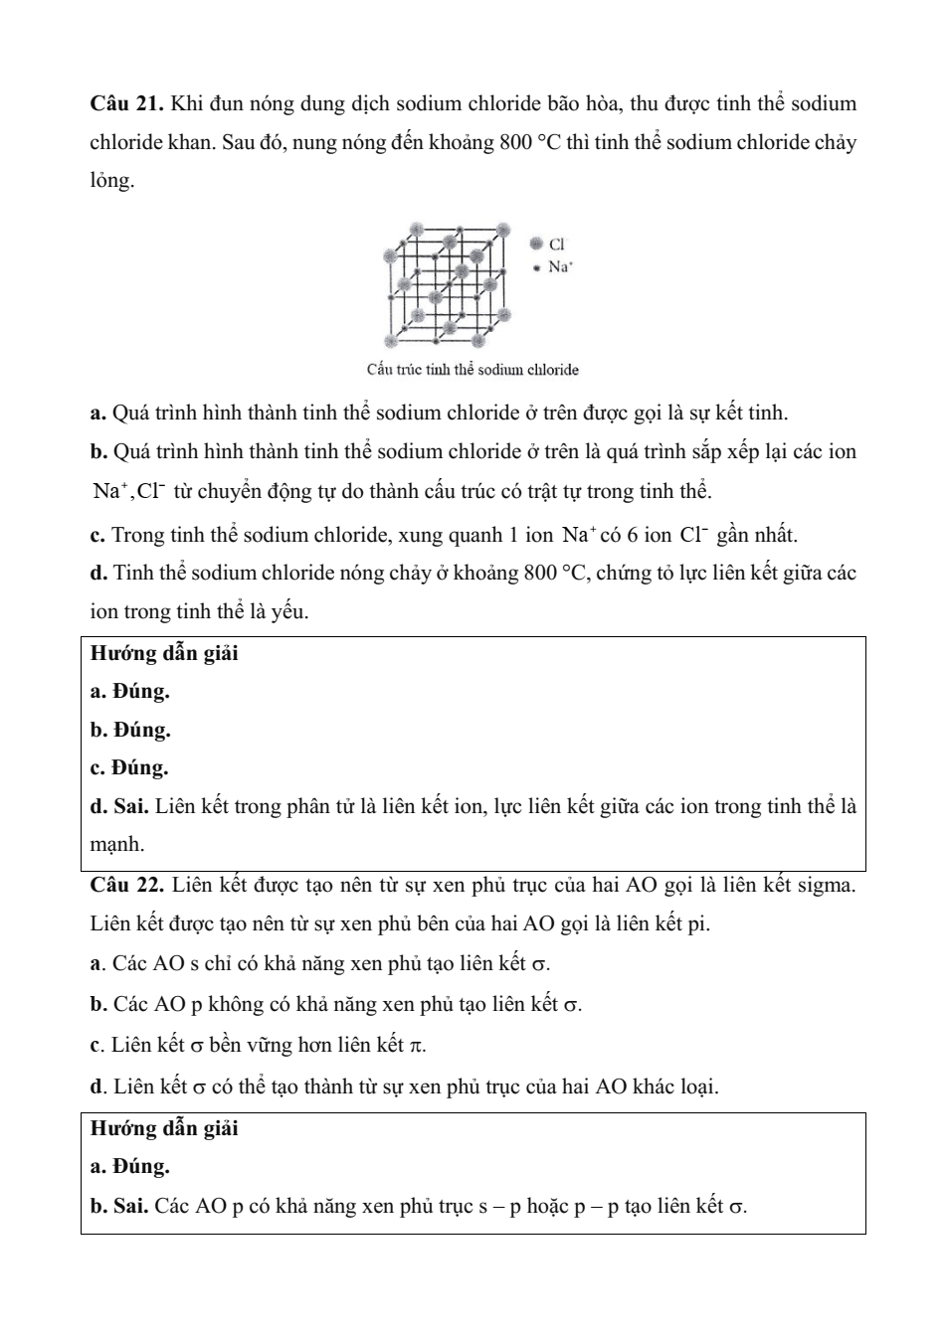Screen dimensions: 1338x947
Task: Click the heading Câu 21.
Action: [x=126, y=104]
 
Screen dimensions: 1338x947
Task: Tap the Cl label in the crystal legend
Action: [x=557, y=244]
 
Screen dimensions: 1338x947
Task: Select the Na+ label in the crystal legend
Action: [x=561, y=266]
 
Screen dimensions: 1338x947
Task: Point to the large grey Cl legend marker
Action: [x=537, y=244]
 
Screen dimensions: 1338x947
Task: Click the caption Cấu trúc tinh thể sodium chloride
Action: [x=473, y=370]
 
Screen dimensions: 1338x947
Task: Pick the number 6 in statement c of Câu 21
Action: [x=632, y=536]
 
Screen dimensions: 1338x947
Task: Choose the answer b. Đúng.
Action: [x=130, y=730]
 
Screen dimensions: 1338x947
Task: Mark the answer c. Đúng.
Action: [x=129, y=767]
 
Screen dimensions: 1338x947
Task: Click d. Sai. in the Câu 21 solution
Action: [x=119, y=806]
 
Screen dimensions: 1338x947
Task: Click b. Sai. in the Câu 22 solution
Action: [x=119, y=1207]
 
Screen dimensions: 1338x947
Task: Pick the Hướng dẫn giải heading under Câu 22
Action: [x=164, y=1129]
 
